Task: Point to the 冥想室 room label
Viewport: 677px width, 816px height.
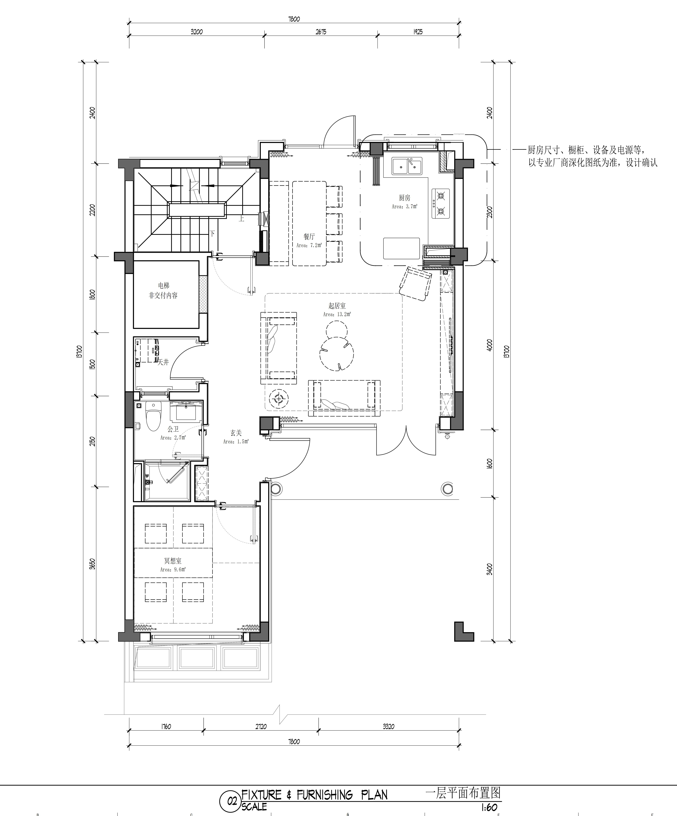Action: (173, 561)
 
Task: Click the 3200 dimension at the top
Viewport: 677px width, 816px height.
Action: (197, 32)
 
